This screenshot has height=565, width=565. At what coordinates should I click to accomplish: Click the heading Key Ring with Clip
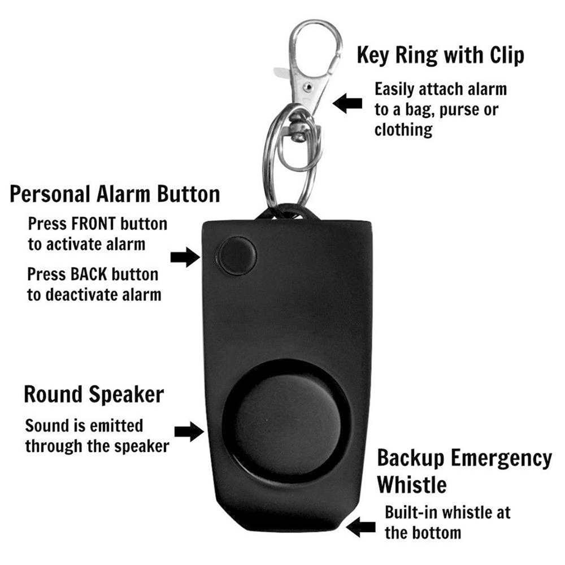pyautogui.click(x=440, y=56)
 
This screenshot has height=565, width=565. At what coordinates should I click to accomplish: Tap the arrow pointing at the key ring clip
pyautogui.click(x=347, y=103)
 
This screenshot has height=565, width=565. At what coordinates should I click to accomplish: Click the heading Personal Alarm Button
pyautogui.click(x=115, y=194)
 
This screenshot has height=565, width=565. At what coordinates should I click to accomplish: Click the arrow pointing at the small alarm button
pyautogui.click(x=185, y=257)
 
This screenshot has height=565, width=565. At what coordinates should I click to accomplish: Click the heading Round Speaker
pyautogui.click(x=94, y=394)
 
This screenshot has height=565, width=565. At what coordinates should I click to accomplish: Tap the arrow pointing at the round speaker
pyautogui.click(x=188, y=432)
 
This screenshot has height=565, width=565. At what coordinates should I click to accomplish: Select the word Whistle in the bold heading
pyautogui.click(x=412, y=485)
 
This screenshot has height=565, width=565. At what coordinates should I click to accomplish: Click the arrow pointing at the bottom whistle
pyautogui.click(x=361, y=528)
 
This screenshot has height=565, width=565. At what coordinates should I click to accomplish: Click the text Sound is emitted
pyautogui.click(x=84, y=425)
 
